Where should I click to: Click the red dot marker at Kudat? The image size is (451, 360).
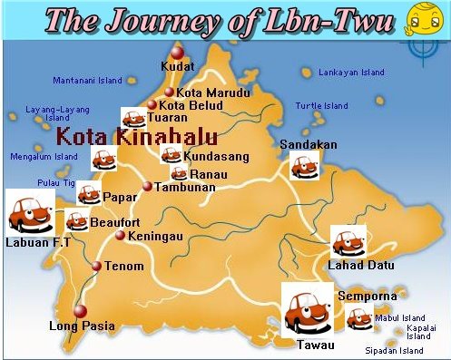177,53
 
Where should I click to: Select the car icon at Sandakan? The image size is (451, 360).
303,164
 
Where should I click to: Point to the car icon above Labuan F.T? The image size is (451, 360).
29,212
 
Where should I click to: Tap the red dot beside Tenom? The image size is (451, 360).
97,266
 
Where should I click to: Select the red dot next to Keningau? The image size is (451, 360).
120,236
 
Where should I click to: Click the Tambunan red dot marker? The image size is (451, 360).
147,187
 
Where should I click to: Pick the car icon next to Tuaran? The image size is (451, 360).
132,118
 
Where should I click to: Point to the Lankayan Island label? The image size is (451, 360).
351,72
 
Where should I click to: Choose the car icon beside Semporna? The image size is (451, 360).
360,317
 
